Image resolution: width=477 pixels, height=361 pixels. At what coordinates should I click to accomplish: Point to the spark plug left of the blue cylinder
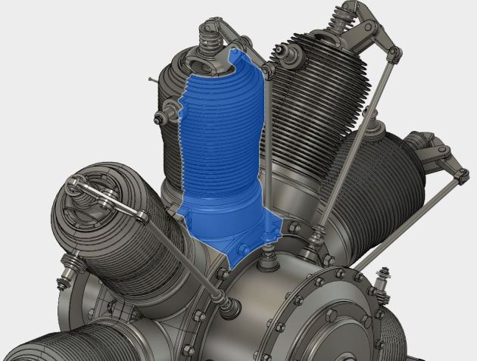click(161, 117)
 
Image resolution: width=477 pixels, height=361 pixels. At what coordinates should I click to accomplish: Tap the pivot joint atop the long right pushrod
click(393, 51)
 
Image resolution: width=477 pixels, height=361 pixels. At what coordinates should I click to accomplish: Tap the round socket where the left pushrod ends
click(228, 306)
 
